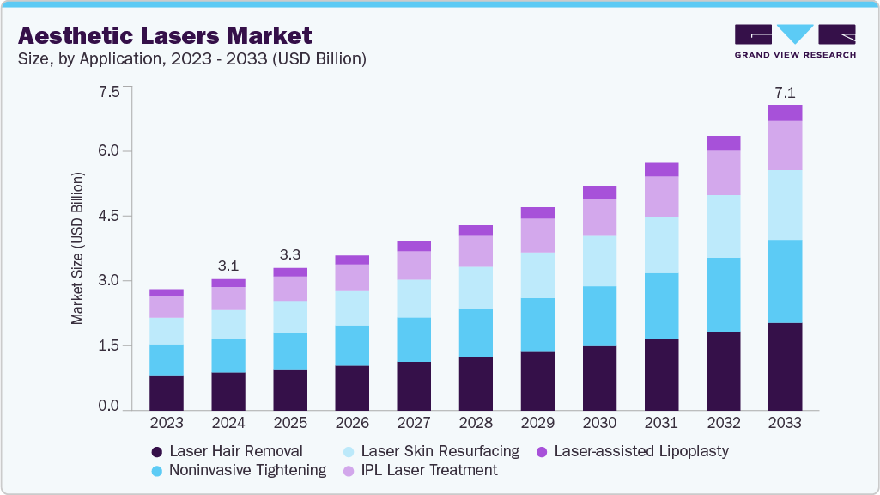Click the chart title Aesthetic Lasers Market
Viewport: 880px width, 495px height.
pos(165,35)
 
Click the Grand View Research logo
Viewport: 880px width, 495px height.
pos(795,40)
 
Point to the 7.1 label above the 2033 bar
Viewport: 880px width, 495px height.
pos(785,91)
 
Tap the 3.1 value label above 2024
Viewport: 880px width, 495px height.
pos(228,265)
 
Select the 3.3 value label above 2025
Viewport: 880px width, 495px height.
pos(290,254)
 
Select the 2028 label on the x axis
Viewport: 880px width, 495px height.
pos(476,423)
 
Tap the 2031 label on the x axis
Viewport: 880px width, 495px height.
pos(661,423)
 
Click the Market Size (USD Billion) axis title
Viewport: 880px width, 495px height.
pos(77,248)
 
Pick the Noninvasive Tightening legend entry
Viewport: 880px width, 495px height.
pos(238,470)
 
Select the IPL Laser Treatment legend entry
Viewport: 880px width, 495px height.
pos(419,470)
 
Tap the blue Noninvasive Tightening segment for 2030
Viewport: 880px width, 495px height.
pos(599,316)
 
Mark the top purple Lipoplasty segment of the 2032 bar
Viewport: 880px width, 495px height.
pos(723,143)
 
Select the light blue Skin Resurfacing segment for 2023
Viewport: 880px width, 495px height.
pos(167,331)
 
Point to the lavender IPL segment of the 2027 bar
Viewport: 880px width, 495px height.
pos(414,265)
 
